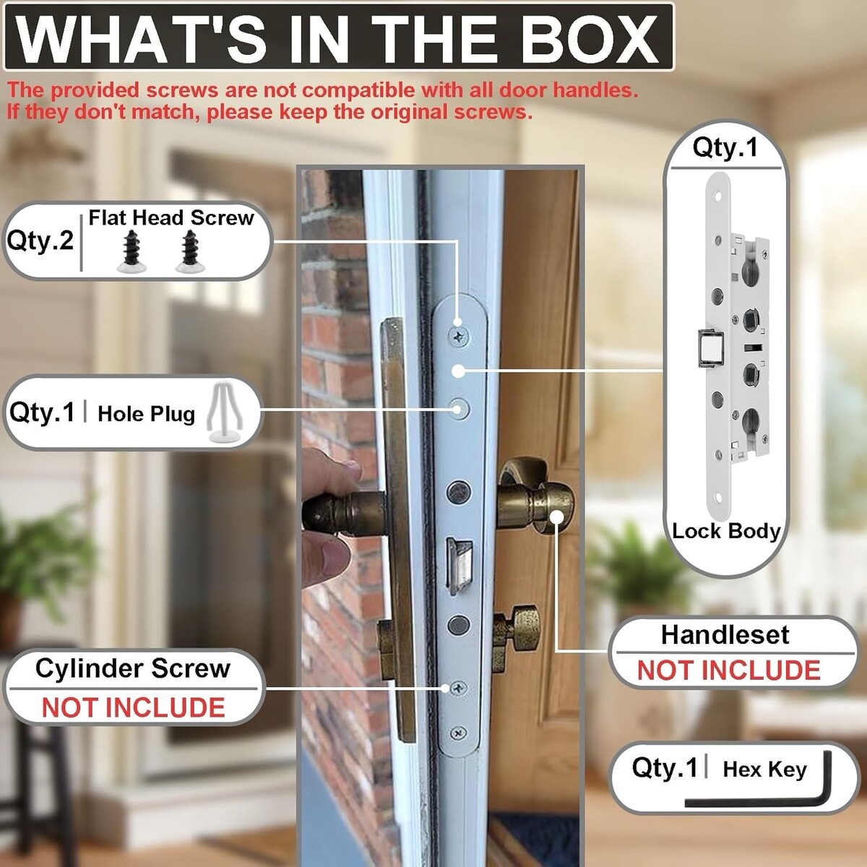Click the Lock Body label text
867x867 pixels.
725,531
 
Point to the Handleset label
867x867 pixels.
725,635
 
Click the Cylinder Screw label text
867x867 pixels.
133,668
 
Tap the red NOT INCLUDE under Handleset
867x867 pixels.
729,670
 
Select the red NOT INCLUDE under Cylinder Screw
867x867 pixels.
133,708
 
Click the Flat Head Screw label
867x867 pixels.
171,217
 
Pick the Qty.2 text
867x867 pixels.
40,241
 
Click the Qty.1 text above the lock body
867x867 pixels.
725,147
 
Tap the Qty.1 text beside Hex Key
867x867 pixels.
664,767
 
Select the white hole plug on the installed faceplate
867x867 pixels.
459,409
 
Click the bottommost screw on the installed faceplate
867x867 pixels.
459,733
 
